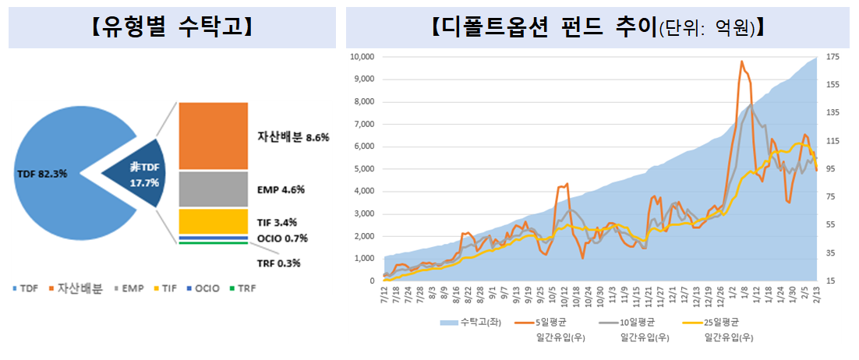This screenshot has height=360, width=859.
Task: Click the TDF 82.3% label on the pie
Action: (41, 173)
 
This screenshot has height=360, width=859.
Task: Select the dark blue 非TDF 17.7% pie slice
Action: (141, 173)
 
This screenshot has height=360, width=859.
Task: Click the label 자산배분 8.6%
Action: (293, 136)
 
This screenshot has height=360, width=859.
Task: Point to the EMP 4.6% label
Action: (281, 189)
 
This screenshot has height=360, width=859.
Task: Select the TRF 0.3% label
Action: (278, 263)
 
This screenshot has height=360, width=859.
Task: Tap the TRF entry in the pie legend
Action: (244, 288)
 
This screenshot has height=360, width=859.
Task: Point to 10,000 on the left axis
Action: (362, 57)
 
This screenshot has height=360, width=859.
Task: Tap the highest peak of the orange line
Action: (741, 62)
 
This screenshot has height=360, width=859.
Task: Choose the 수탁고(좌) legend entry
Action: (472, 322)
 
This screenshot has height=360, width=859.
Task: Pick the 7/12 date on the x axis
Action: (384, 296)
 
